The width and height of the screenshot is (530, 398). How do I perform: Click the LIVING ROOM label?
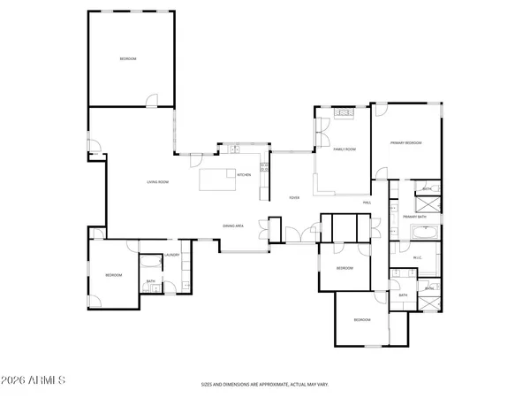click(x=158, y=182)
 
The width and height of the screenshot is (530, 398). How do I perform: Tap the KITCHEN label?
click(x=245, y=175)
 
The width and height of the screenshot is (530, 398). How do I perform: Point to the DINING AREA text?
click(x=233, y=226)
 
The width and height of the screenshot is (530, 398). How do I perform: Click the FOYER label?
click(x=294, y=197)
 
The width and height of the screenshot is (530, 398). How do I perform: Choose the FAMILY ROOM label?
click(x=344, y=149)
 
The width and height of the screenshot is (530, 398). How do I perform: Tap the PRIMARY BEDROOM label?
click(x=406, y=142)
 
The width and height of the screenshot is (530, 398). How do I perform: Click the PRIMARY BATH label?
click(x=414, y=217)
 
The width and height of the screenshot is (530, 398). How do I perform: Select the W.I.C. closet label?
click(x=419, y=257)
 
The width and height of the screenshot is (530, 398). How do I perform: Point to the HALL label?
click(x=367, y=203)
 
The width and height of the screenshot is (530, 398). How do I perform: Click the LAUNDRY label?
click(x=173, y=256)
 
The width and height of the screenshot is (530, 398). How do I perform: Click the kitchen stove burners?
click(x=264, y=166)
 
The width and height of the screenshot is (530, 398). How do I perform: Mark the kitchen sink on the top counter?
click(x=236, y=150)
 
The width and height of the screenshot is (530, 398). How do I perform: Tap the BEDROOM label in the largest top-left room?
click(x=128, y=58)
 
